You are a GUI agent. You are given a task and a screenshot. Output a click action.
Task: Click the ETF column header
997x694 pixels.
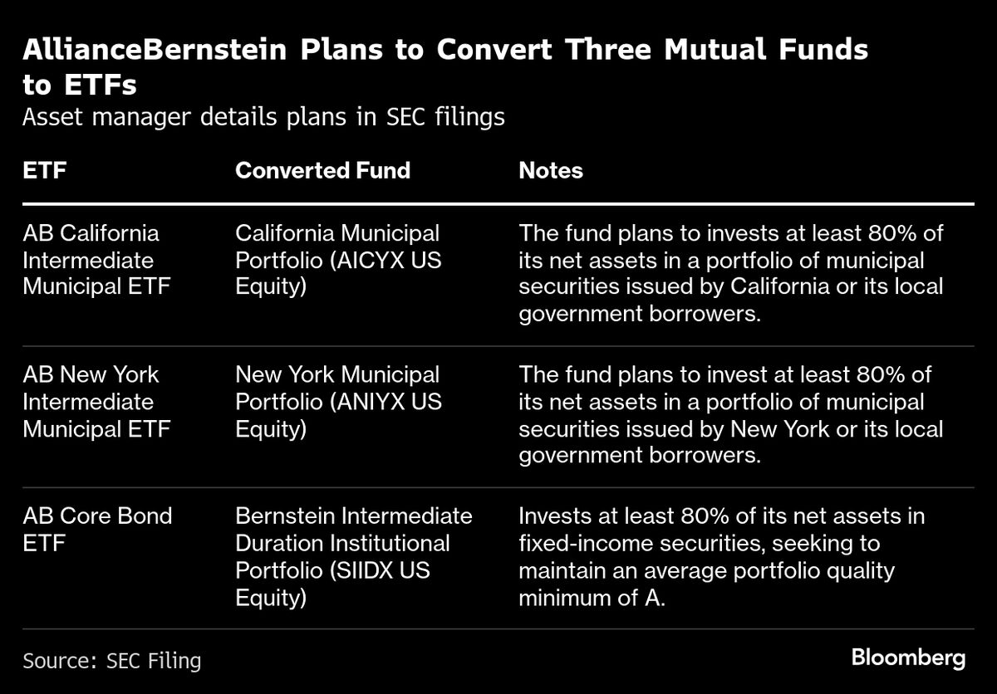pyautogui.click(x=45, y=171)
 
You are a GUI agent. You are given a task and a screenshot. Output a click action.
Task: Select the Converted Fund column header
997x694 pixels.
pyautogui.click(x=322, y=171)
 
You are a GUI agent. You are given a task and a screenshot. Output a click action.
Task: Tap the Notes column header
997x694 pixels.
pyautogui.click(x=551, y=171)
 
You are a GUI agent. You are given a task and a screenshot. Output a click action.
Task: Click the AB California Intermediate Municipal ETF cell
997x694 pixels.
pyautogui.click(x=97, y=261)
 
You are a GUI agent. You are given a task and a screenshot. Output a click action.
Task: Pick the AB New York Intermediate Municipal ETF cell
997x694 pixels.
pyautogui.click(x=97, y=402)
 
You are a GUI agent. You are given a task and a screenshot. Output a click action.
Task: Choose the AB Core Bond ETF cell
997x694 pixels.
pyautogui.click(x=97, y=529)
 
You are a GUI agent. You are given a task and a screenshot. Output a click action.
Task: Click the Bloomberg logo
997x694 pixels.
pyautogui.click(x=908, y=659)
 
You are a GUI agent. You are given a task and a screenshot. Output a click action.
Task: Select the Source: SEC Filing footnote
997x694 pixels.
pyautogui.click(x=112, y=661)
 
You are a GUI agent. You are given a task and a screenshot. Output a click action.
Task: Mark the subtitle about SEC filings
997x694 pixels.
pyautogui.click(x=263, y=117)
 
